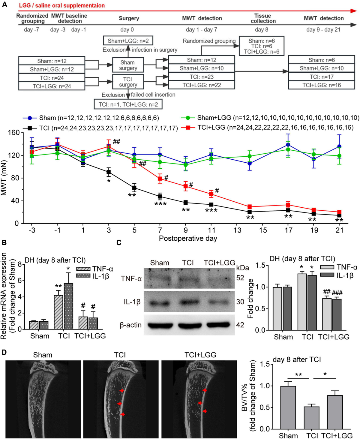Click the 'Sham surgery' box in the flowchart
point(128,65)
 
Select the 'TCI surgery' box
point(128,82)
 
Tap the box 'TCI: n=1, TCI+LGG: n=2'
point(128,104)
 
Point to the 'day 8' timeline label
point(262,30)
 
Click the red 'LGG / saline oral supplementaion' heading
point(62,6)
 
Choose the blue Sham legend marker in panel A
point(30,118)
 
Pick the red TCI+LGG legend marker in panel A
point(188,128)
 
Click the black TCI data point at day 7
point(160,197)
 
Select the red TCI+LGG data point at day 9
point(186,186)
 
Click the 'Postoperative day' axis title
point(188,239)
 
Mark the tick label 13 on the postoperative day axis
point(237,230)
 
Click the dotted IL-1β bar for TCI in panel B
point(68,306)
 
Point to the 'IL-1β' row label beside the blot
point(132,302)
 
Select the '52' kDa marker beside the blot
point(240,278)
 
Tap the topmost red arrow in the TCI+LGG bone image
point(205,390)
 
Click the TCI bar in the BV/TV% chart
point(311,418)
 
